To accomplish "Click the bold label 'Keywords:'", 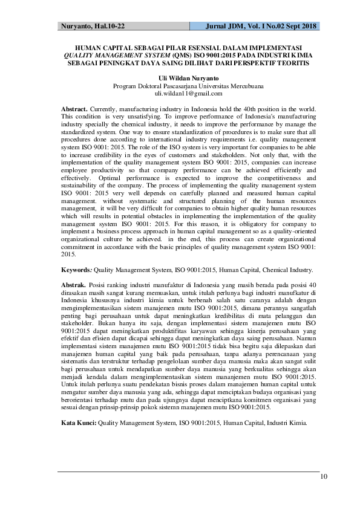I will point(77,271).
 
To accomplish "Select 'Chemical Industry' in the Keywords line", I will point(287,271).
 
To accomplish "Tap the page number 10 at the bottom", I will point(324,478).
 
